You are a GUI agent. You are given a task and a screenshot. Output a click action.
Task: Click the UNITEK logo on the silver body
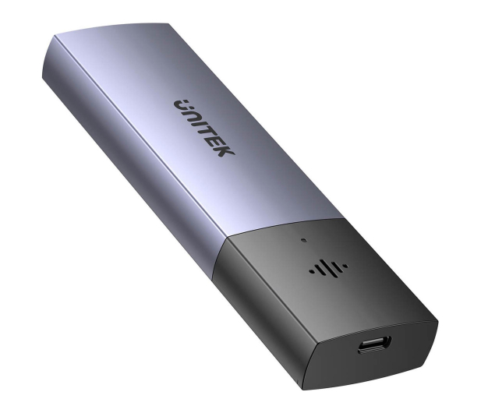pos(204,128)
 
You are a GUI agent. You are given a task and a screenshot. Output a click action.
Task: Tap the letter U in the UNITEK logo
pos(182,105)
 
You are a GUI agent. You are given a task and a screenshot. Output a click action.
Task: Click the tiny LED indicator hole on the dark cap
pos(304,240)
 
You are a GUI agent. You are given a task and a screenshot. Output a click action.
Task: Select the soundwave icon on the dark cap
pos(328,267)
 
